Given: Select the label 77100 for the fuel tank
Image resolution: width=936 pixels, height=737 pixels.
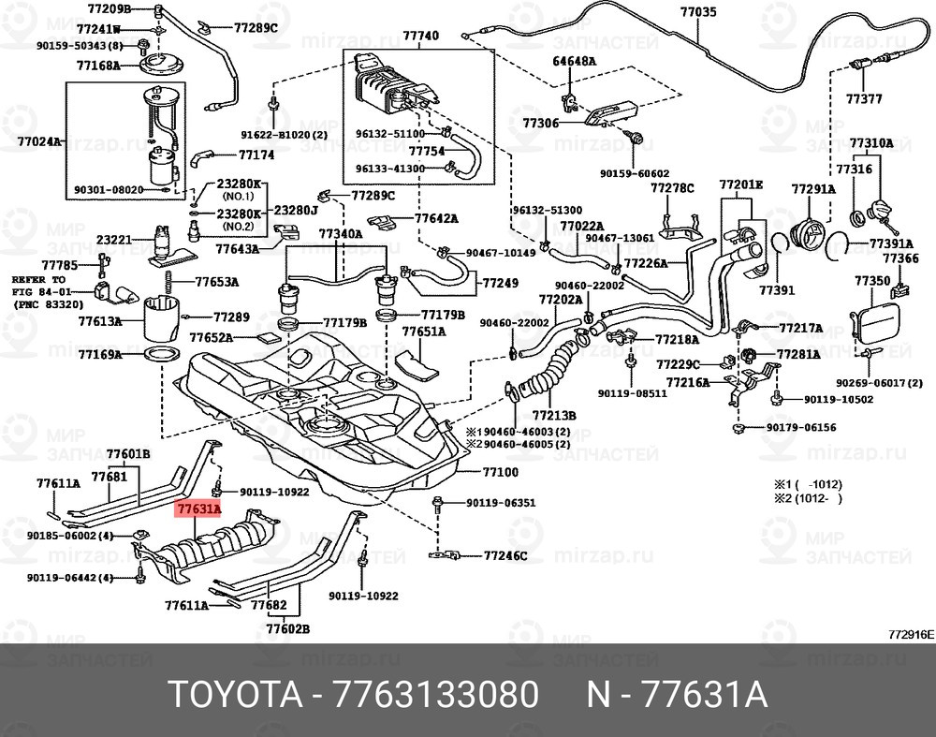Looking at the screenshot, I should point(500,473).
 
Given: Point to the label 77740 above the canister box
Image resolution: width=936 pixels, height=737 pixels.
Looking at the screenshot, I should point(420,36).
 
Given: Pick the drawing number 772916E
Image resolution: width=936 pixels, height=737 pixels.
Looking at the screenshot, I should point(911,634).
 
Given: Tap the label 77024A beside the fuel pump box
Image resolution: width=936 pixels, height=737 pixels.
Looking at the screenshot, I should point(38,142).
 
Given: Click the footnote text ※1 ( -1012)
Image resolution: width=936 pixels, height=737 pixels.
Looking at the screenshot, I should point(807,484).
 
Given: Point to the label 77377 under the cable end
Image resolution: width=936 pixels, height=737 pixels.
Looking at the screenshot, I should point(864,98).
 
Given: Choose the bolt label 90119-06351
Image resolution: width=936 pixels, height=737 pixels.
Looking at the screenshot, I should point(501,503).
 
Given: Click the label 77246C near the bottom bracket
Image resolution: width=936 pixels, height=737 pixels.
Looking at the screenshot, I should point(505,555).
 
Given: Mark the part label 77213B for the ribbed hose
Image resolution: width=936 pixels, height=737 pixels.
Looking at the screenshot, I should point(554,414).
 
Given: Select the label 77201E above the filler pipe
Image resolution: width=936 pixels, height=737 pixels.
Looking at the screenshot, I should point(741,184).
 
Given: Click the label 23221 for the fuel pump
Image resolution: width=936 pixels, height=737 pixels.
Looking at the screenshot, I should point(113,240).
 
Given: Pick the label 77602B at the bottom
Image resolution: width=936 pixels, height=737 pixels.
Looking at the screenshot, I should point(287,627).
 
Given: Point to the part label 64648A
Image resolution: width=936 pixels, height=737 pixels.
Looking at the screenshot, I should point(574,61).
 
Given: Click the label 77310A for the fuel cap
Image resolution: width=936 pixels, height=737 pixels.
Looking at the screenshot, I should point(871,143).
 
